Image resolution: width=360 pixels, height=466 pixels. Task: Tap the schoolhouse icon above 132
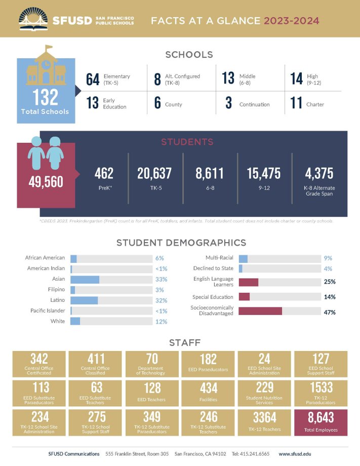pos(46,66)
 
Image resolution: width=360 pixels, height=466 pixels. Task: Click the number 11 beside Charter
pos(296,103)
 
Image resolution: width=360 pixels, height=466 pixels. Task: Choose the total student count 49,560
pos(46,181)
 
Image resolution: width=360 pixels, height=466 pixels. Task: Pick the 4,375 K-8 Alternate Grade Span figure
pos(319,174)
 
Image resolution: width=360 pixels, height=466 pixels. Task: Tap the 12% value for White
pos(161,322)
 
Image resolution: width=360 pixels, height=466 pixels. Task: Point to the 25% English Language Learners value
pos(330,282)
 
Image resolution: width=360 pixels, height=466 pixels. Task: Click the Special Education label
pos(213,297)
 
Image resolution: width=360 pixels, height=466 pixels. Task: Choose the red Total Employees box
pos(321,421)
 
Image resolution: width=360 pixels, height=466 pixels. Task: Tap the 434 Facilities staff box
pos(208,393)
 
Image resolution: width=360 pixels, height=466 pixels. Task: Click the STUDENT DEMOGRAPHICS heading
pos(181,243)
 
